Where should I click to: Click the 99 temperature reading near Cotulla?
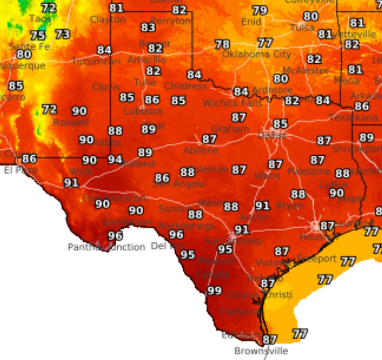click(214, 291)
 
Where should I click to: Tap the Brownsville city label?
click(261, 351)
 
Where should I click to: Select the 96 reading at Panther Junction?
click(115, 236)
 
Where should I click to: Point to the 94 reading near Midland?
click(115, 160)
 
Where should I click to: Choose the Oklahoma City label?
click(256, 54)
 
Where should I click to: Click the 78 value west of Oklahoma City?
click(222, 44)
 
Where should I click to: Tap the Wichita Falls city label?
click(226, 103)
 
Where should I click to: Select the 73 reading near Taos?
click(62, 34)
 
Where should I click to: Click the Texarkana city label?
click(353, 118)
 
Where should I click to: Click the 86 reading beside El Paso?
click(29, 159)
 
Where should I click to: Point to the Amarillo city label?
click(146, 60)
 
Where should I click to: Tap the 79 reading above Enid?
click(260, 10)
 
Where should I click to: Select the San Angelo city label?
click(179, 184)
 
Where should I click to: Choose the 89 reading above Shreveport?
click(366, 137)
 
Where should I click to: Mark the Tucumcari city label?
click(96, 61)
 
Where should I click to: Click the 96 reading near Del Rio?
click(176, 234)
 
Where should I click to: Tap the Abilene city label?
click(200, 151)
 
